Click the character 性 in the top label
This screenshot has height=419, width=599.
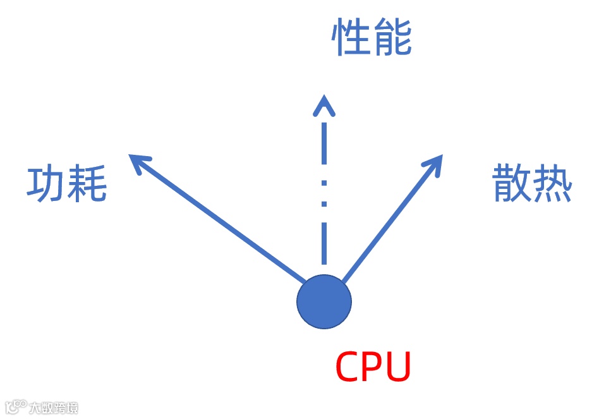coord(351,39)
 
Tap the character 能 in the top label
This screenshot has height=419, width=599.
coord(392,39)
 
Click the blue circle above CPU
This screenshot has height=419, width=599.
coord(324,302)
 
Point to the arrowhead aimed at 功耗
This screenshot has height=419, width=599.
coord(136,161)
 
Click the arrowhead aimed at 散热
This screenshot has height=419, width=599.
coord(435,161)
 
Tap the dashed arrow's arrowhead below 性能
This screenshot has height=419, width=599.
coord(324,105)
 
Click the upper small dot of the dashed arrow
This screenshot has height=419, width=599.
coord(324,183)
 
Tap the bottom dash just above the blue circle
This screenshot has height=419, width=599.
coord(324,243)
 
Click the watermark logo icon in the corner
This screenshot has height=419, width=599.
coord(16,406)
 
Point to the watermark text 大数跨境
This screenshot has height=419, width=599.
coord(54,408)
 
